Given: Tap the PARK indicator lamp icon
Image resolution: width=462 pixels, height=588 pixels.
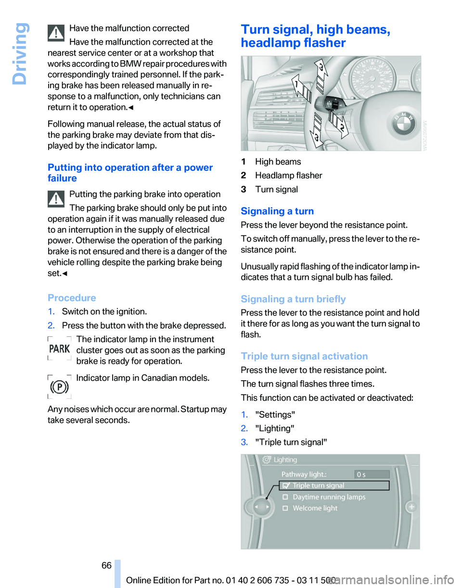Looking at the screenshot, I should coord(60,348).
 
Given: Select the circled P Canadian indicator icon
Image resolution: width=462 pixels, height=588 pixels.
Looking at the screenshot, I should coord(60,386).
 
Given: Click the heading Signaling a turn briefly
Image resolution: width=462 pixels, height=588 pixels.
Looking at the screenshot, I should coord(293,299).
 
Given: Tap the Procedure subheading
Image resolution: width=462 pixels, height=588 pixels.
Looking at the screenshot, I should coord(72,297).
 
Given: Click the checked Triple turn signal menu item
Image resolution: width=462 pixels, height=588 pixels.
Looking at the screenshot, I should coord(318,486).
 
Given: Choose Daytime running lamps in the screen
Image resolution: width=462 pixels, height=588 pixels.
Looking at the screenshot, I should coord(329,497).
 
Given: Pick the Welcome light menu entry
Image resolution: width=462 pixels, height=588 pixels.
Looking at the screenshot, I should coord(315,508).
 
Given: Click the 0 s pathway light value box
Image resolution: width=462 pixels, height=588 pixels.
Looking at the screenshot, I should coord(372,474).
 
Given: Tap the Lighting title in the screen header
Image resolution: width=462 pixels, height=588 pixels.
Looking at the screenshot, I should coord(285,460).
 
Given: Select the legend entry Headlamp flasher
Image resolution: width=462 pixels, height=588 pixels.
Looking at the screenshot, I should coord(288,176).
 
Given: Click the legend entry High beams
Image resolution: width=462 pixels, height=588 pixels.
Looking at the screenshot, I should coord(278,162).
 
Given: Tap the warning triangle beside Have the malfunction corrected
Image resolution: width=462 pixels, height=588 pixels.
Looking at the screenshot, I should coord(57,33).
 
